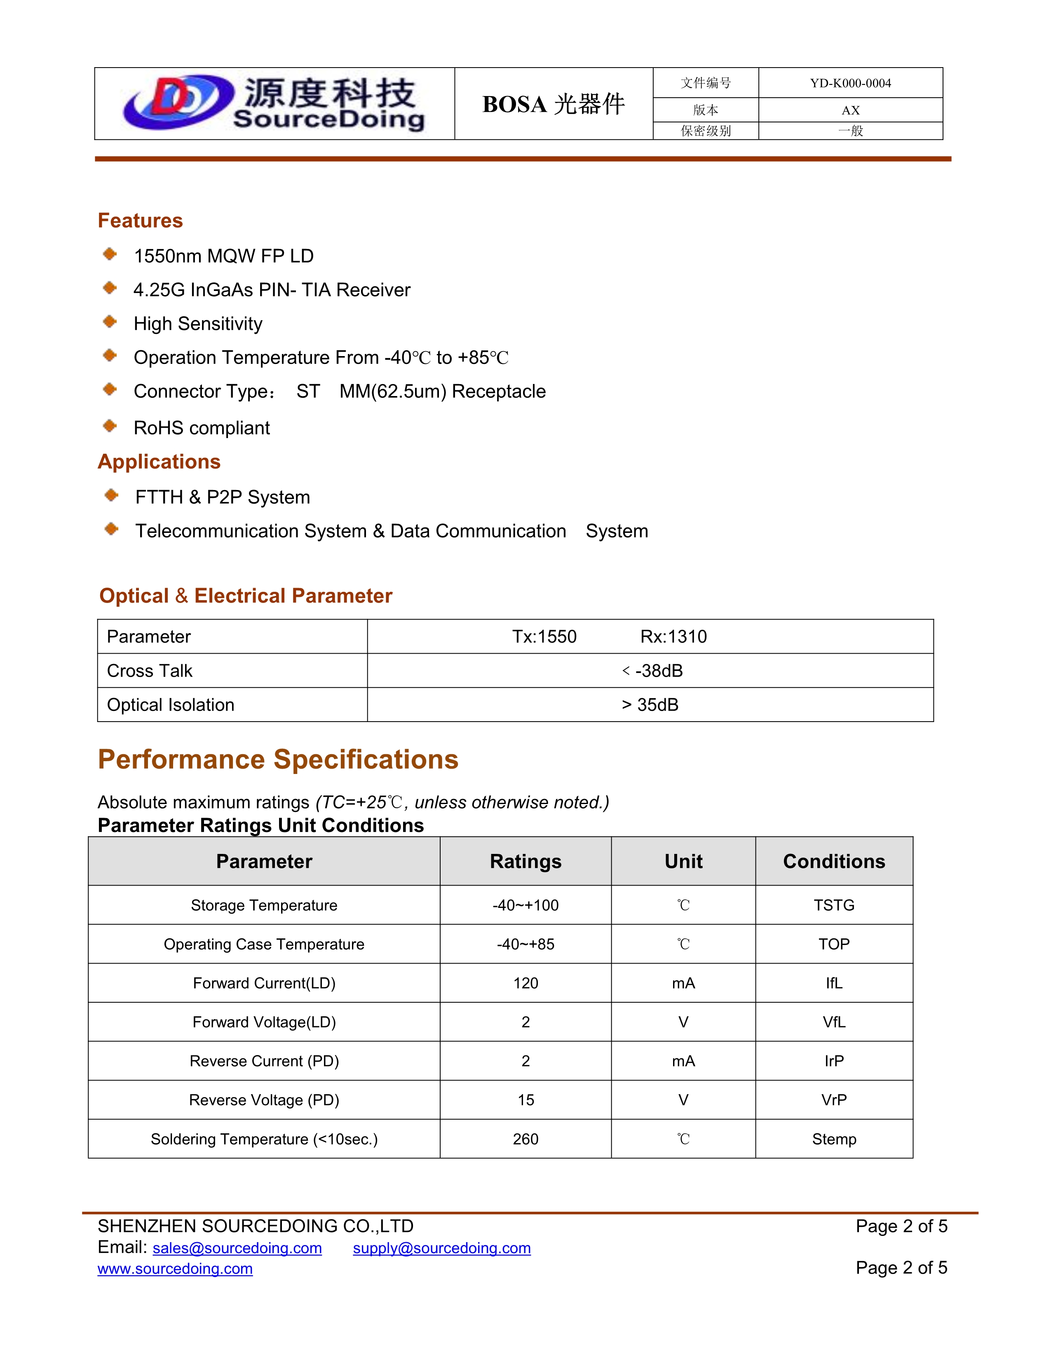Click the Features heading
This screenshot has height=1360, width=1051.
click(x=140, y=221)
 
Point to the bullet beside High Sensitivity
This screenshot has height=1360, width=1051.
click(x=110, y=322)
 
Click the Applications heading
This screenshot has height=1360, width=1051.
click(x=159, y=462)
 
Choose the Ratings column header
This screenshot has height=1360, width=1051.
click(x=525, y=862)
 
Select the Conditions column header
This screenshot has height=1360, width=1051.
click(x=834, y=862)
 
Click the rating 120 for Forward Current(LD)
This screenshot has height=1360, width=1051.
click(x=525, y=984)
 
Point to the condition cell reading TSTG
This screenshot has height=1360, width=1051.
click(x=834, y=906)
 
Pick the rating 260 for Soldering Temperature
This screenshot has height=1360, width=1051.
click(x=525, y=1140)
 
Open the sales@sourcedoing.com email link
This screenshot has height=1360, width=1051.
click(x=237, y=1249)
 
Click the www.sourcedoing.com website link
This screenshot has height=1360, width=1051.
click(x=175, y=1269)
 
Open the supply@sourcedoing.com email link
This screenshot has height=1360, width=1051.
click(x=441, y=1249)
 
